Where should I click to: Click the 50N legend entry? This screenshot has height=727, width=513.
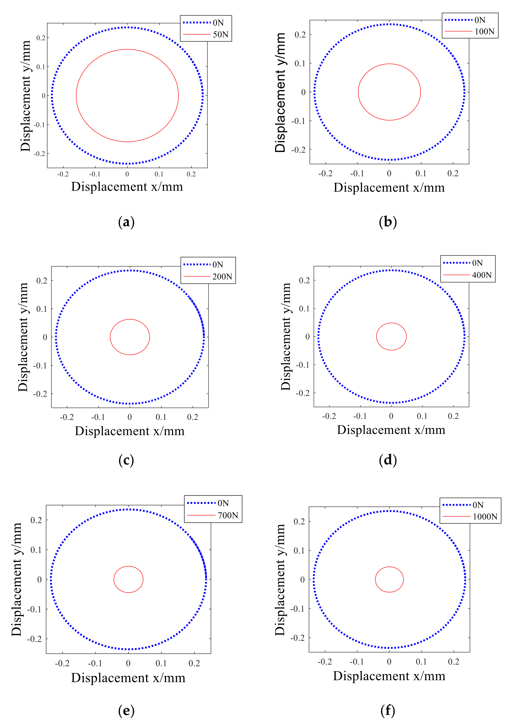(220, 34)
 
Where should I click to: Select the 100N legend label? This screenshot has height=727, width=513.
(484, 32)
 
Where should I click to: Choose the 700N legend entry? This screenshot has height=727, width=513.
(228, 515)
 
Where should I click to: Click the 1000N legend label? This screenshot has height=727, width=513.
(485, 517)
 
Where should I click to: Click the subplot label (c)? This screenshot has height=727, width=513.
(126, 460)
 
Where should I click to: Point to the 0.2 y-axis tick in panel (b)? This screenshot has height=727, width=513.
(300, 35)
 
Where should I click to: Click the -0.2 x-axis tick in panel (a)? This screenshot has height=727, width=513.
(63, 174)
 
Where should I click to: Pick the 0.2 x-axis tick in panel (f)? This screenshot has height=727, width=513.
(454, 661)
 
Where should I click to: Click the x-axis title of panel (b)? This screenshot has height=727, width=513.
(389, 188)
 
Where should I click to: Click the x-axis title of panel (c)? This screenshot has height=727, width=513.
(130, 431)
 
